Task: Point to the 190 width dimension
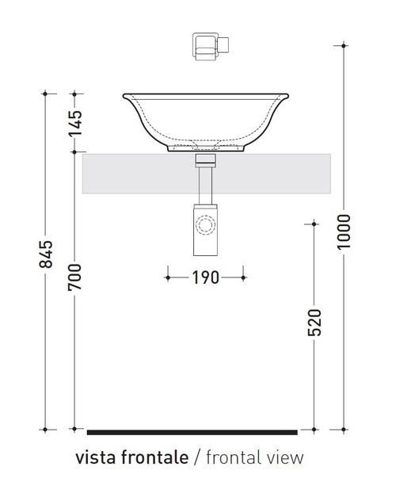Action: coord(205,277)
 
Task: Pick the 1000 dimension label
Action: coord(343,231)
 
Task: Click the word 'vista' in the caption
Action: coord(94,457)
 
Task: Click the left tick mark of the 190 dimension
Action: coord(167,277)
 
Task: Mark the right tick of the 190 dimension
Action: coord(244,277)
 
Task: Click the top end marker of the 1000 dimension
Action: coord(344,47)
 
